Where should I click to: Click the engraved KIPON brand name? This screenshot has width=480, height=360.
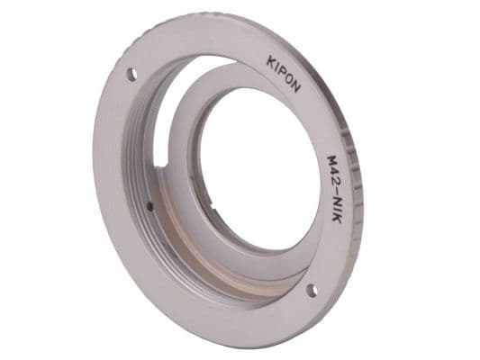(x=284, y=75)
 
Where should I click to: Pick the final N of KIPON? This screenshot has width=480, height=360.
(x=295, y=87)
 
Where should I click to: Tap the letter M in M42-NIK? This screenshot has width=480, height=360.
(x=332, y=160)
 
